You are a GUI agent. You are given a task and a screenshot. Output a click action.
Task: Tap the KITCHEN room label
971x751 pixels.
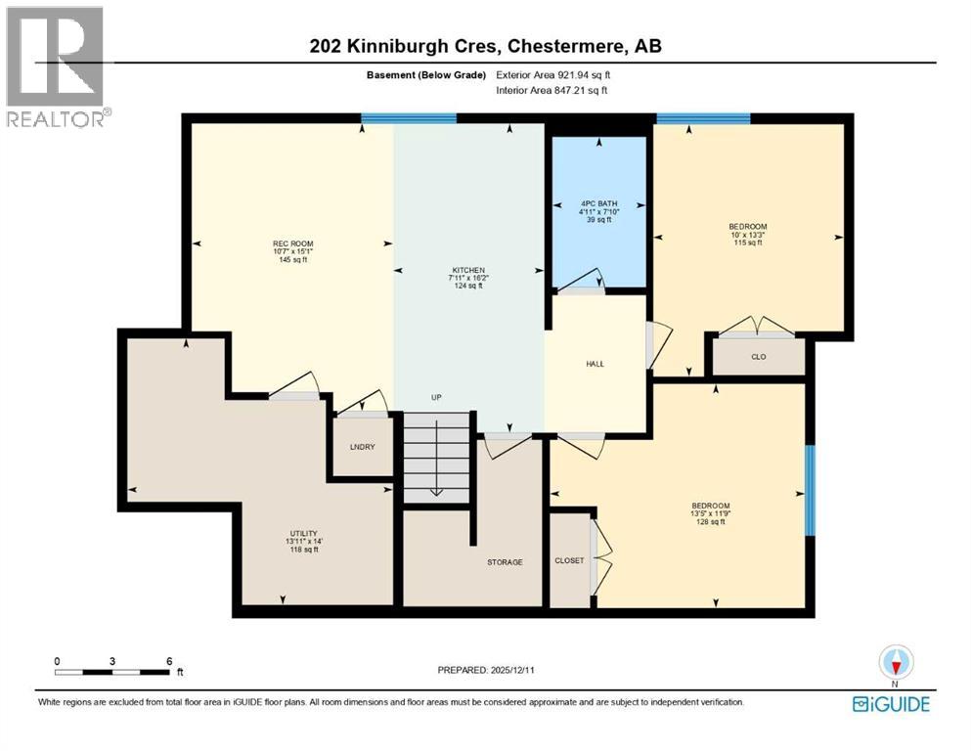[x=468, y=270]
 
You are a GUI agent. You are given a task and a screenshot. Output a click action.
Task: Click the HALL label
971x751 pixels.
[x=595, y=364]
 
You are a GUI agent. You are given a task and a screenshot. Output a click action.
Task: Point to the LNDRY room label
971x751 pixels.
[x=362, y=447]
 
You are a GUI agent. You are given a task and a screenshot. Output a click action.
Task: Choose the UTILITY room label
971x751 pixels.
[x=301, y=532]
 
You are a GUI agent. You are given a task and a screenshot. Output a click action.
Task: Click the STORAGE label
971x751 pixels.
[x=505, y=562]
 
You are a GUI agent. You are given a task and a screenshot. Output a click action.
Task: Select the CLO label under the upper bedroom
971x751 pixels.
[x=758, y=357]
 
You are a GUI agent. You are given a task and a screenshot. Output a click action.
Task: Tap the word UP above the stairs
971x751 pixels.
[x=437, y=398]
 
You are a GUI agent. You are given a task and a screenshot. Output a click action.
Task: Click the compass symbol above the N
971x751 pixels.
[x=895, y=661]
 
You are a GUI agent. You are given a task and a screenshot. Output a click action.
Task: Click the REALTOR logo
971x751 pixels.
[x=56, y=66]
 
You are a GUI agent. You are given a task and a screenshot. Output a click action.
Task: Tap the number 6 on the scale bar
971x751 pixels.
[x=169, y=661]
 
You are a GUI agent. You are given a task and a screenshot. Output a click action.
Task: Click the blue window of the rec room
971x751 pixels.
[x=408, y=118]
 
